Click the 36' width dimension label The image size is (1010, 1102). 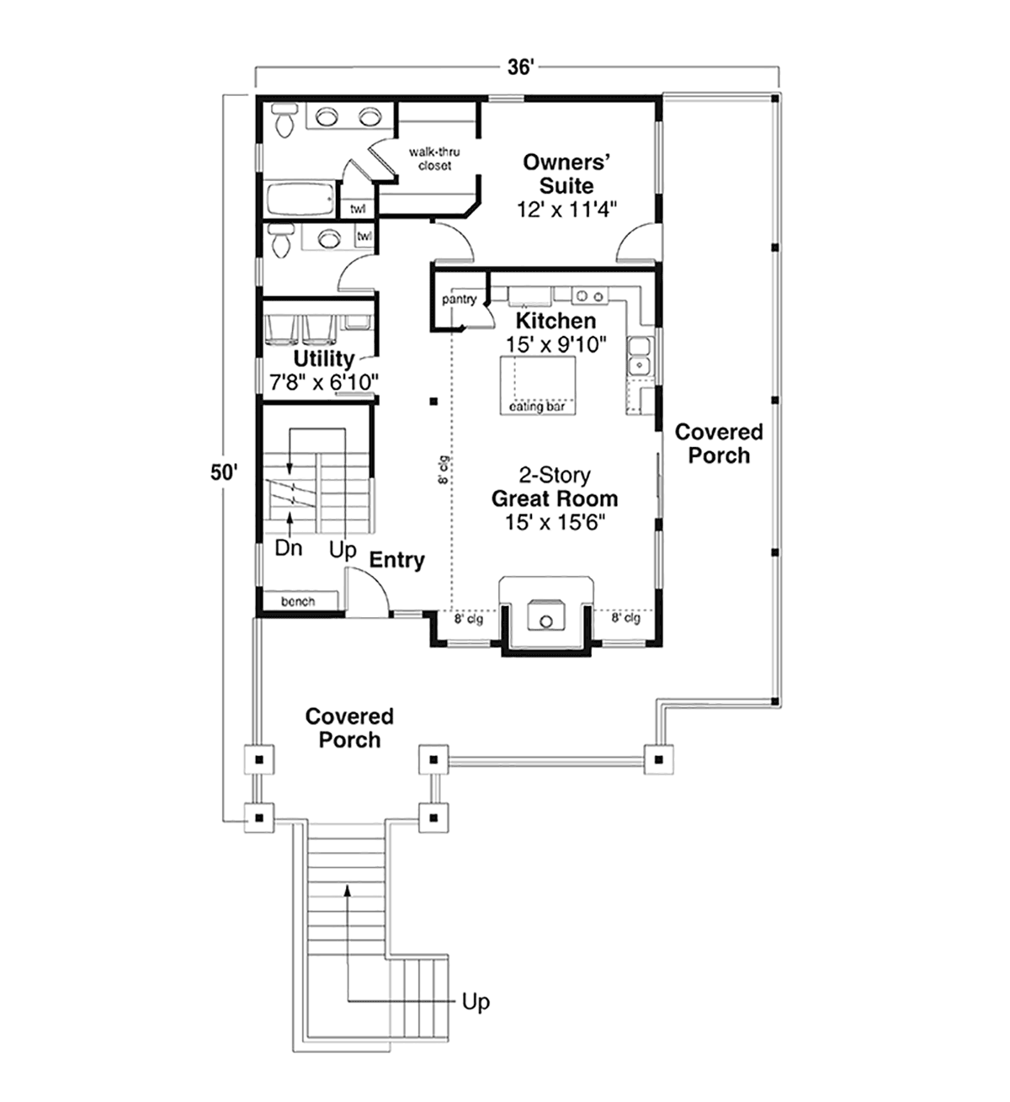[521, 67]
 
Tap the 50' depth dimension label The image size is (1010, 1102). [224, 472]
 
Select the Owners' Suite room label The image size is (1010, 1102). [566, 173]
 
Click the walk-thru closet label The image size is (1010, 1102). [434, 159]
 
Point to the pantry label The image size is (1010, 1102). [460, 300]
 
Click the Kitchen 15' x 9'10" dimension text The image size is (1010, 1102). [555, 345]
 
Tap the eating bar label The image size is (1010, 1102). [537, 407]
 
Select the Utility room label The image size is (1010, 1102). [324, 358]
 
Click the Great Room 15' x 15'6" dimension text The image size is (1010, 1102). [555, 523]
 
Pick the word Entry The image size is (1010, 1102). [397, 561]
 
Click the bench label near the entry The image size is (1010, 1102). [298, 602]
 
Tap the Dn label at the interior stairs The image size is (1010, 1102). [289, 548]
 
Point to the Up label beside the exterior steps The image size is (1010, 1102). [476, 1002]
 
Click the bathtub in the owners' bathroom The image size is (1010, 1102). [300, 200]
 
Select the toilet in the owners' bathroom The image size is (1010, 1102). [284, 120]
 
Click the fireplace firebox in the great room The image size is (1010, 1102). [546, 616]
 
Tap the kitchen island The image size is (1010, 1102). [538, 386]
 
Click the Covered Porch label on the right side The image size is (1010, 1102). [719, 444]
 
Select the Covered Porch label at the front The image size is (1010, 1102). [350, 728]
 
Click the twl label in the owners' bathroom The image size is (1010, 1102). [358, 209]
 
